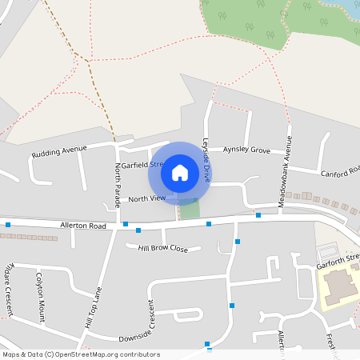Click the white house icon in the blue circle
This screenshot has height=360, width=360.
click(180, 172)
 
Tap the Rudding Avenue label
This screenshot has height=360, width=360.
click(58, 151)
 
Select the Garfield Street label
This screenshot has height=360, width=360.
click(141, 165)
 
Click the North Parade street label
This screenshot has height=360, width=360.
click(118, 185)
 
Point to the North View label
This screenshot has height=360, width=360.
click(146, 198)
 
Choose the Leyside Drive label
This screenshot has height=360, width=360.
click(206, 161)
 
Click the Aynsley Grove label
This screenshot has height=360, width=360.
click(246, 150)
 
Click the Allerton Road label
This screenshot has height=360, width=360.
click(83, 226)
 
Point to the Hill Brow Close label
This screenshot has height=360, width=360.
click(163, 249)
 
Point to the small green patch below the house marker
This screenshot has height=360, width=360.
click(190, 209)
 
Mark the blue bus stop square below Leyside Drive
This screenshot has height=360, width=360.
click(208, 224)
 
